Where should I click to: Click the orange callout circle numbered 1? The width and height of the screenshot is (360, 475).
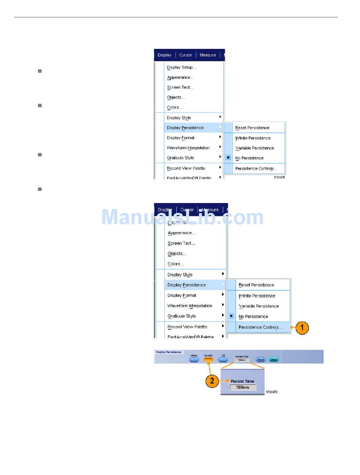point(302,328)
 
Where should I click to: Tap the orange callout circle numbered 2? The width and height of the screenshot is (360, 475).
point(212,381)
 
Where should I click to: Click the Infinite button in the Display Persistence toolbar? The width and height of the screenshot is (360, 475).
point(194,359)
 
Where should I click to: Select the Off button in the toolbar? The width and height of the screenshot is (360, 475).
point(223,359)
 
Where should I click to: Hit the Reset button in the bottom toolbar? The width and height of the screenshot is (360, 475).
point(261,359)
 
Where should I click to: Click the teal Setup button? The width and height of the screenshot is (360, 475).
point(273,359)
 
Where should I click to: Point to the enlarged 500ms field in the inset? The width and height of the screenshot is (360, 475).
point(243,387)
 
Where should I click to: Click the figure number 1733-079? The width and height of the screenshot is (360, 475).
point(271,392)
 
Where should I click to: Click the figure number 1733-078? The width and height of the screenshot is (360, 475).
point(279,177)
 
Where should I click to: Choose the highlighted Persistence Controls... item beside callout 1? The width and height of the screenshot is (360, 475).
point(260,327)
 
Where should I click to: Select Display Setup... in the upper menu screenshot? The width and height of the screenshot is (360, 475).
point(181,67)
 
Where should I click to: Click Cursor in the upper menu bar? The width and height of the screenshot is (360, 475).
point(186,55)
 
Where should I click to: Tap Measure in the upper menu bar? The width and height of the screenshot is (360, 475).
point(208,55)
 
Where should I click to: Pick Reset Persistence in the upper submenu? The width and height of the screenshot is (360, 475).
point(252,128)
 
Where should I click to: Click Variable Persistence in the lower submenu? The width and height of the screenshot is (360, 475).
point(258,306)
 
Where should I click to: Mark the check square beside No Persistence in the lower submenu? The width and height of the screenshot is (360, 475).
point(231,316)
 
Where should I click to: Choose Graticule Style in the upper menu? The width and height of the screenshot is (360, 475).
point(180,158)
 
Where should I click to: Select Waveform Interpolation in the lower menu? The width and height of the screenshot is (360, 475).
point(189,306)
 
